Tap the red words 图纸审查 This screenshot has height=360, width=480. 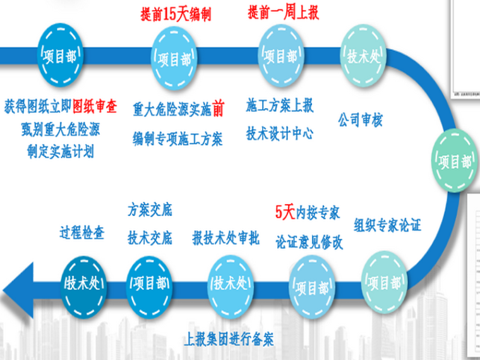click(95, 106)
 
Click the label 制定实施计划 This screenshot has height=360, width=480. click(60, 152)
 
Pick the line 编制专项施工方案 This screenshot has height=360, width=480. click(177, 138)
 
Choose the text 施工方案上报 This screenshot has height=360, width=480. click(280, 105)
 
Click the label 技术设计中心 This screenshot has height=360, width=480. click(280, 133)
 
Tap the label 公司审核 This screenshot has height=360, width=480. click(360, 119)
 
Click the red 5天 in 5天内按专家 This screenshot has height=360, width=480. click(285, 212)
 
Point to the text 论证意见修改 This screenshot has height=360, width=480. click(309, 241)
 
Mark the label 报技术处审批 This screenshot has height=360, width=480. click(225, 239)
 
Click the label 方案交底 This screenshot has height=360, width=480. click(150, 209)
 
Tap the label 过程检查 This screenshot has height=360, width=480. click(81, 232)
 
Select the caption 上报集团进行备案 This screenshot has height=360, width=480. click(229, 339)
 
